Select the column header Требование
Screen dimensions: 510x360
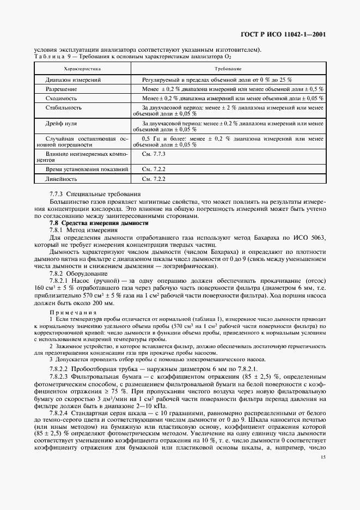pos(228,69)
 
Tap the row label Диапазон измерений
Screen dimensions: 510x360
pos(73,80)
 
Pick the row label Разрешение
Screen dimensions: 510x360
pos(61,88)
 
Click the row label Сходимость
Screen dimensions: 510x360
pos(63,98)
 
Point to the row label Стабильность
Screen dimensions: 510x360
pos(65,108)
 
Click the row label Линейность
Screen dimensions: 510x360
pos(62,179)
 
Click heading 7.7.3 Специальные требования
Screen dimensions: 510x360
pos(95,194)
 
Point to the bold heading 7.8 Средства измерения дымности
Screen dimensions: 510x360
pos(99,223)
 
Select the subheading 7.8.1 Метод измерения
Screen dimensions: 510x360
pos(84,230)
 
